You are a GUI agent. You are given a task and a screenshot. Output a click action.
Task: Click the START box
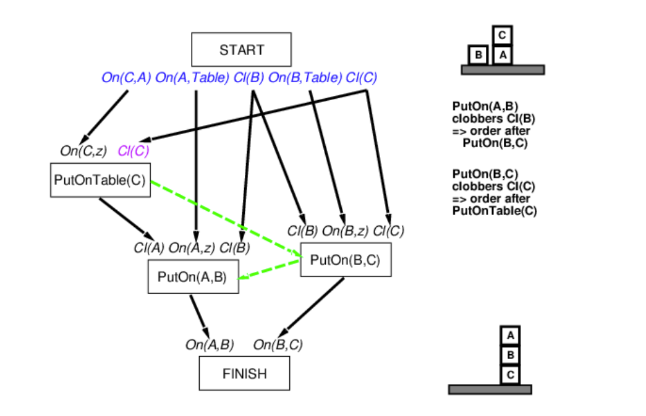click(x=241, y=49)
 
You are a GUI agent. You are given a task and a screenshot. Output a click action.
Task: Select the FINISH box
click(x=244, y=373)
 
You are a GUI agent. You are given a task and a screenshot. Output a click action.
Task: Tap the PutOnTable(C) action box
click(x=100, y=180)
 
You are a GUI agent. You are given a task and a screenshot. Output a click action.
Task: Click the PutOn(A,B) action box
click(x=193, y=276)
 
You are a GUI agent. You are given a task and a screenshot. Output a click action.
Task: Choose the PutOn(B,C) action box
click(x=345, y=260)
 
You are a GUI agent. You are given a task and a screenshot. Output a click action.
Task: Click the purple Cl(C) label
click(x=134, y=150)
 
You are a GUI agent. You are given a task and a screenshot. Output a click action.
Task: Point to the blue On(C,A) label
click(x=126, y=78)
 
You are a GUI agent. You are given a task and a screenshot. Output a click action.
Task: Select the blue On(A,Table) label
click(x=192, y=78)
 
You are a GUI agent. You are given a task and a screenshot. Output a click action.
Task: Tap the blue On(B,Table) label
click(x=305, y=78)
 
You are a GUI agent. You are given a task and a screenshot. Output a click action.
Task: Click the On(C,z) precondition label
click(x=84, y=150)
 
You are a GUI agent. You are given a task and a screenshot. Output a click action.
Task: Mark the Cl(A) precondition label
click(x=149, y=248)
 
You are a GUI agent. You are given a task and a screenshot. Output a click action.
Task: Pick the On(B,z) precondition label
click(x=345, y=231)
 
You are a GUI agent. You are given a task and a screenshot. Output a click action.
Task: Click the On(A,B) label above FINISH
click(x=210, y=345)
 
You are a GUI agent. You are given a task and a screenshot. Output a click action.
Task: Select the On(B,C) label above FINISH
click(x=278, y=345)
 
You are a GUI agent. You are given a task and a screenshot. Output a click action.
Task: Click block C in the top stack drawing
click(x=503, y=35)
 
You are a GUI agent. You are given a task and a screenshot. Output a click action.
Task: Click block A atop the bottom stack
click(x=510, y=336)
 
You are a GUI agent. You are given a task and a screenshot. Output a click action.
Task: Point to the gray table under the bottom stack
click(x=490, y=389)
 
